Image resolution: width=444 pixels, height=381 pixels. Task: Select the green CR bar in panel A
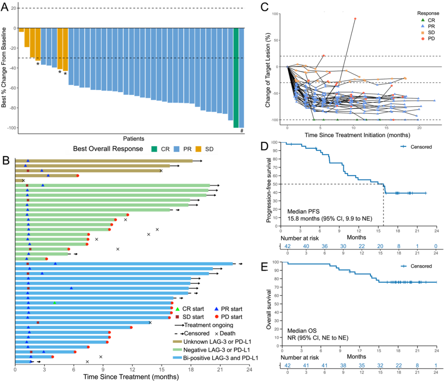coord(236,78)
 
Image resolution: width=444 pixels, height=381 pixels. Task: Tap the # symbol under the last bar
coord(242,131)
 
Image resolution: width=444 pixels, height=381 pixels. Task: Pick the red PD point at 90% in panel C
coord(355,18)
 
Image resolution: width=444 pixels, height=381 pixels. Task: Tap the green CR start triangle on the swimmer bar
coord(54,303)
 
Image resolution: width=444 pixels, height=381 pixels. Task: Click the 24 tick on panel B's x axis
coord(248,369)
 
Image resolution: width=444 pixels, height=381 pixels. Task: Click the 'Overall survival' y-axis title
coord(270,305)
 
